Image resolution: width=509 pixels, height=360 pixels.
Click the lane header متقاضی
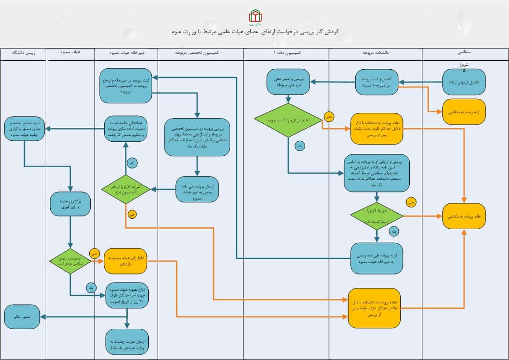pyautogui.click(x=465, y=53)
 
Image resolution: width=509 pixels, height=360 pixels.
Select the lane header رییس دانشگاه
pyautogui.click(x=23, y=53)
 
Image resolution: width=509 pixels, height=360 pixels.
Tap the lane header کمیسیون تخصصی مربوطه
pyautogui.click(x=201, y=53)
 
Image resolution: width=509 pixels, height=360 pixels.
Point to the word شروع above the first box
pyautogui.click(x=464, y=64)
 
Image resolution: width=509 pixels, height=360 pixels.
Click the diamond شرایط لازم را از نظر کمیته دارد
pyautogui.click(x=377, y=216)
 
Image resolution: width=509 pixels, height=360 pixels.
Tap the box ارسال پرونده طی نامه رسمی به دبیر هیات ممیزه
pyautogui.click(x=197, y=189)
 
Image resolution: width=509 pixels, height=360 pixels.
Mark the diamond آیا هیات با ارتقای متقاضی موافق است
pyautogui.click(x=70, y=262)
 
